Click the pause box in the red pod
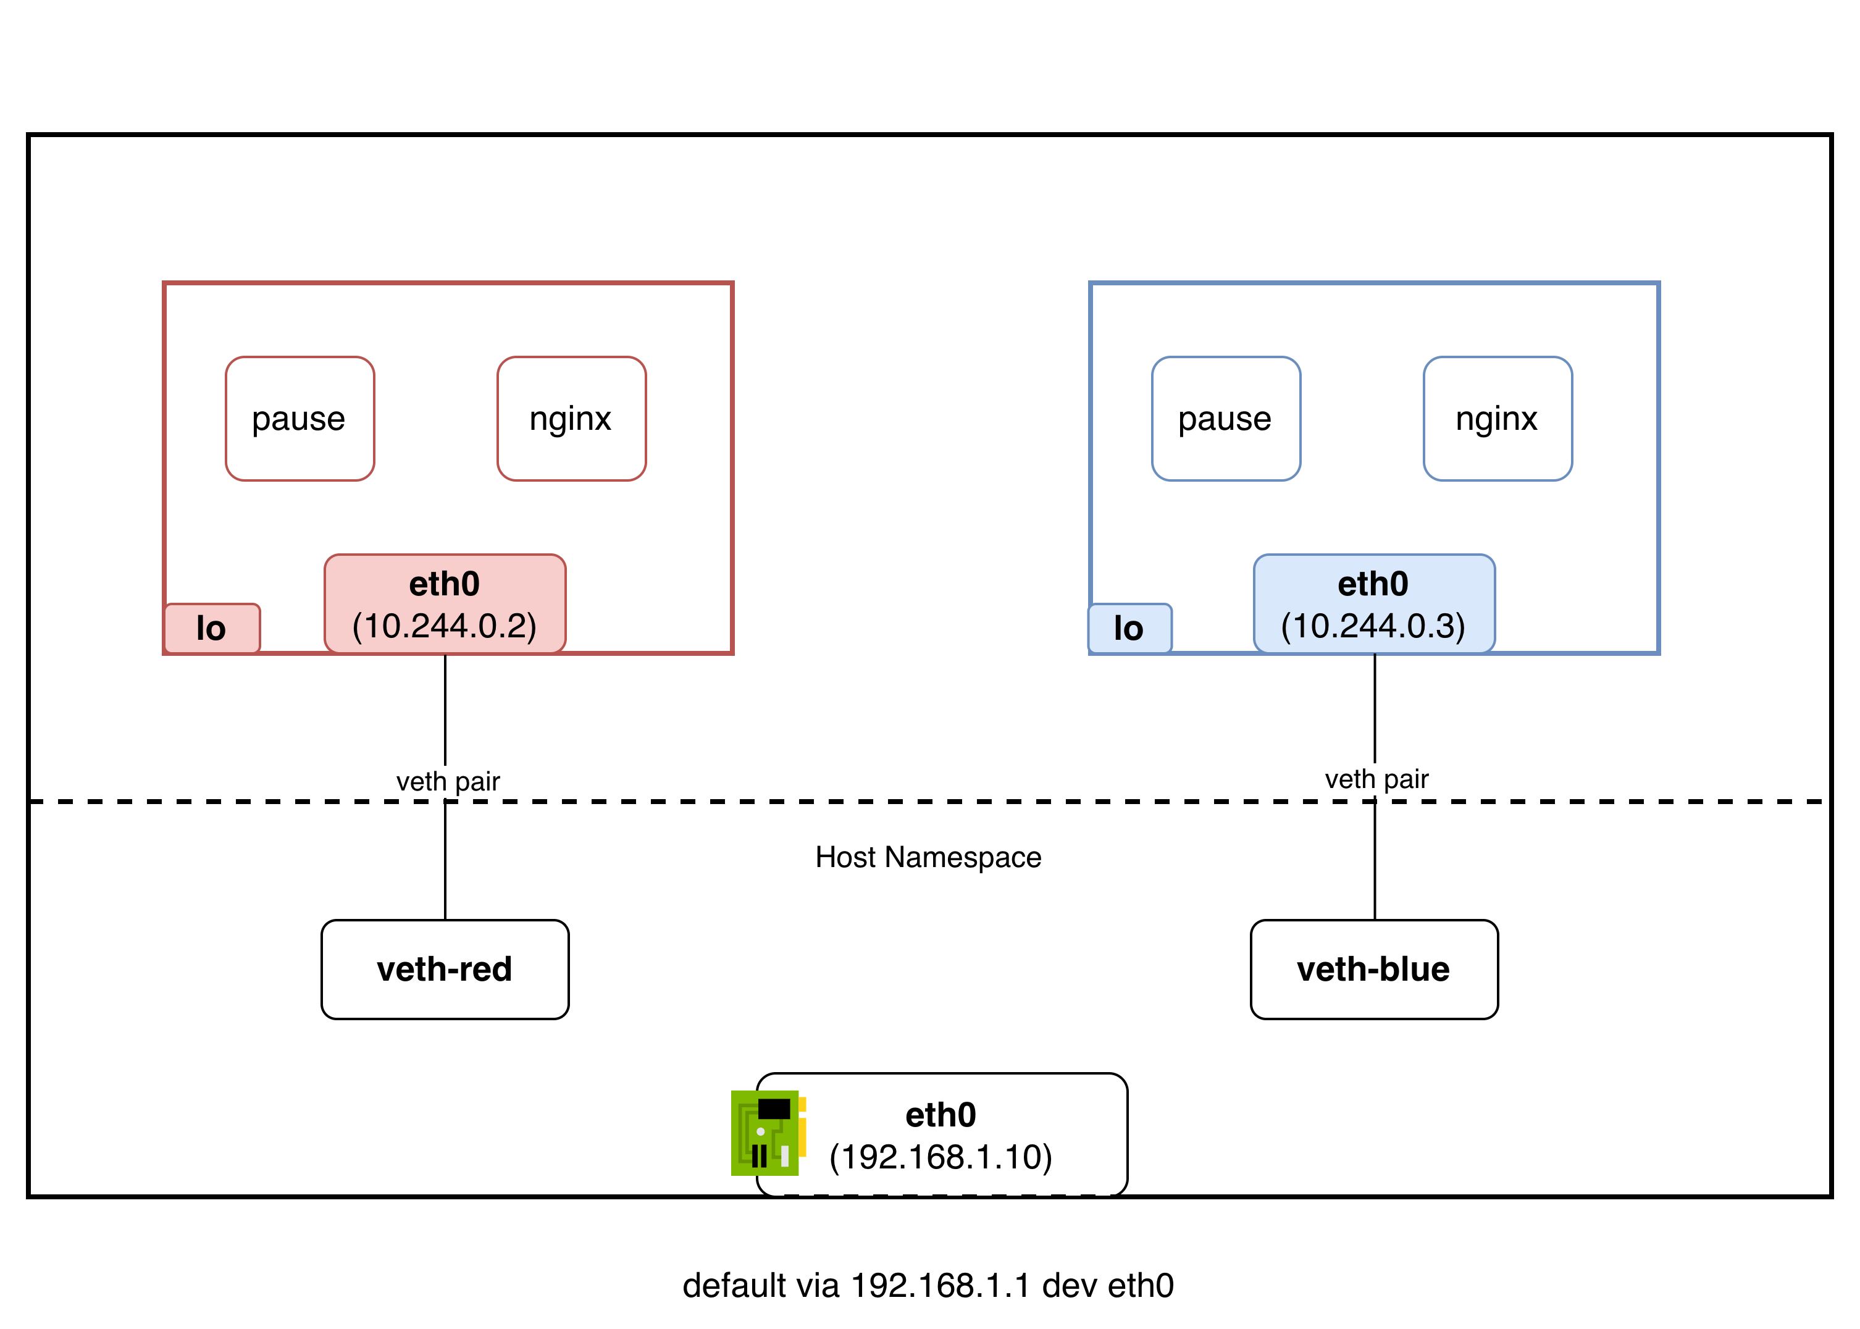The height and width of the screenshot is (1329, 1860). (x=300, y=419)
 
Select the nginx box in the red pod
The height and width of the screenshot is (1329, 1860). (x=571, y=419)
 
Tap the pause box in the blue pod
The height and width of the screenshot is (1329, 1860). (x=1226, y=419)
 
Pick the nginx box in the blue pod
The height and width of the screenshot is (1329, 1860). (x=1498, y=419)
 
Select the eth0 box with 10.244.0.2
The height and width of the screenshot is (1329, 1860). (x=445, y=604)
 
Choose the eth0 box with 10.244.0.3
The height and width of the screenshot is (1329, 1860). (x=1374, y=604)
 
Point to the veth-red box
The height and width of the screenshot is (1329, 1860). (x=445, y=970)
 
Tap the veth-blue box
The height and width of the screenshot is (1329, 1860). (x=1374, y=970)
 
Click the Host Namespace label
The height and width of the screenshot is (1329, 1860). (x=928, y=857)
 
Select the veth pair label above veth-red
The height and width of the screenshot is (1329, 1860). (x=448, y=781)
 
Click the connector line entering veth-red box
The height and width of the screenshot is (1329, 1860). (x=445, y=868)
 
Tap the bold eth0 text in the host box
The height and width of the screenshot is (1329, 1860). (x=941, y=1115)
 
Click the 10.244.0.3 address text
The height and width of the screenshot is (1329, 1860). (x=1373, y=626)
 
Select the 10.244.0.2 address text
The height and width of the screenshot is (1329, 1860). (x=445, y=626)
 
